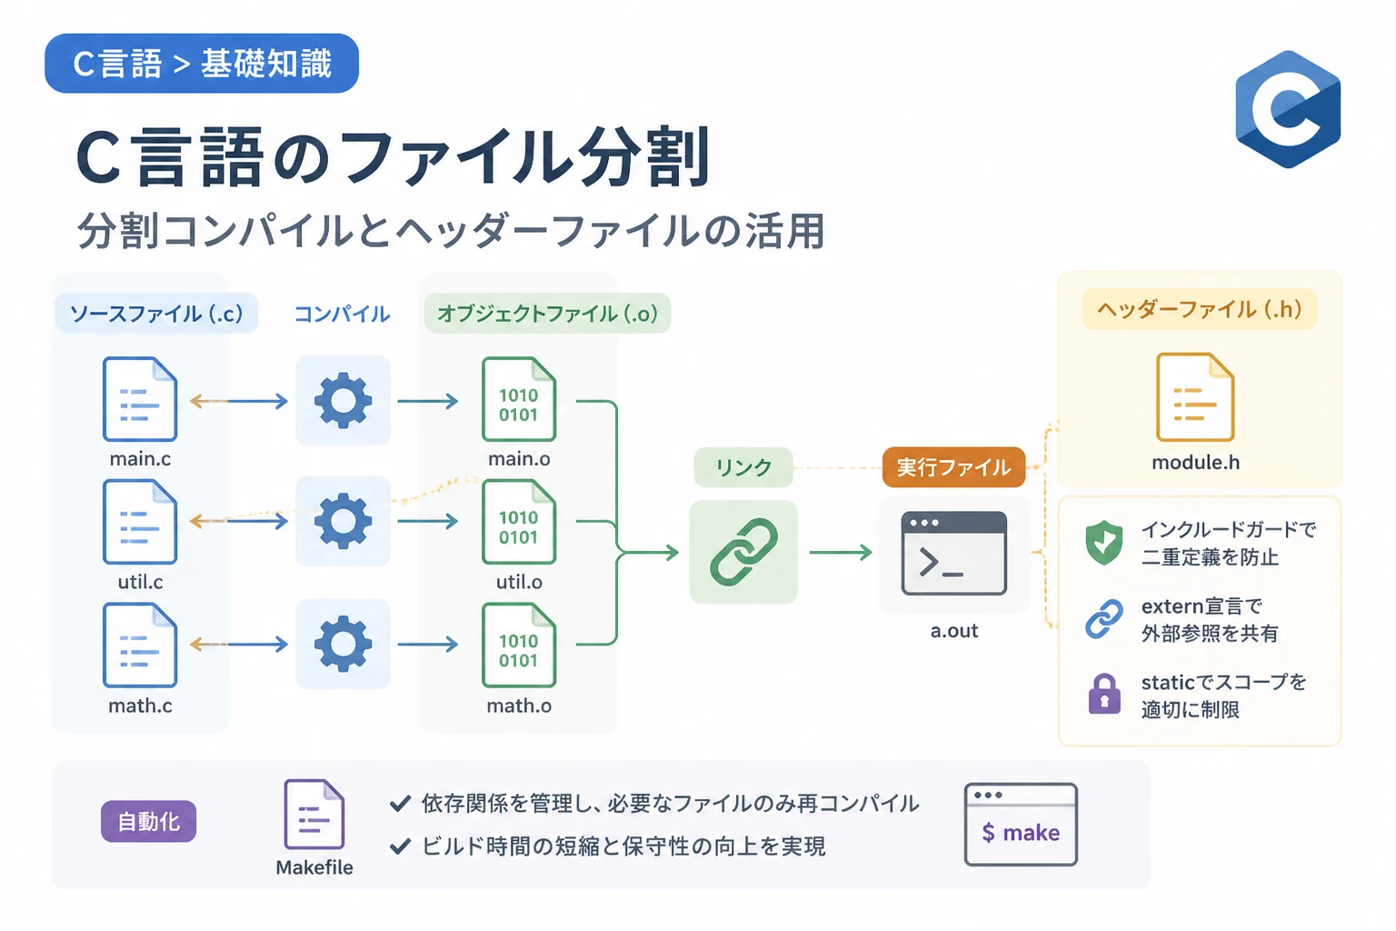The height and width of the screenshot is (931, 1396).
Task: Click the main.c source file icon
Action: (x=140, y=399)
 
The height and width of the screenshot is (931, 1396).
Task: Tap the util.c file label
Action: (x=140, y=582)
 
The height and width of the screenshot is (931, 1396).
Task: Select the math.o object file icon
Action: (x=519, y=646)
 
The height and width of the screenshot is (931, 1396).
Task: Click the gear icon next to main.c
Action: (x=343, y=400)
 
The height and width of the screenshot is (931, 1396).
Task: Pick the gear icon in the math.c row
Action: (x=343, y=644)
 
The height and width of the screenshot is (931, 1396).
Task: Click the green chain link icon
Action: (x=743, y=552)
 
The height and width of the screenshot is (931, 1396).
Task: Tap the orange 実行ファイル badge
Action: (x=953, y=467)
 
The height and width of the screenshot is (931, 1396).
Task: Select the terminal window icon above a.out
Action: (x=953, y=553)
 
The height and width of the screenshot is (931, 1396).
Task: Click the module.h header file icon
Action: (x=1195, y=397)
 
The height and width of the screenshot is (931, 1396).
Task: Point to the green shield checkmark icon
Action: (x=1103, y=543)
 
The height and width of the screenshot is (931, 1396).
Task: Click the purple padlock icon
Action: (x=1103, y=694)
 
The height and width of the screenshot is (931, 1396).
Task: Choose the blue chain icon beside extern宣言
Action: (x=1103, y=618)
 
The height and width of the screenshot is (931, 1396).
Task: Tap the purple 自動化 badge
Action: (x=148, y=821)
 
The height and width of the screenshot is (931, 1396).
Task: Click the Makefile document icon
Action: (x=314, y=815)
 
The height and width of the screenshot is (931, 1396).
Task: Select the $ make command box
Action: (x=1021, y=825)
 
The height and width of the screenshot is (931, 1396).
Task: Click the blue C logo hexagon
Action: (x=1288, y=109)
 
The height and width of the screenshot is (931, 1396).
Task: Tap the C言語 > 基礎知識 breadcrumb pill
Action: (x=202, y=64)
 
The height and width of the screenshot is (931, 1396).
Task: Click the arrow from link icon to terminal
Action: (x=840, y=552)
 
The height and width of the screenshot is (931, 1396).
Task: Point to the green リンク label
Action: (x=743, y=467)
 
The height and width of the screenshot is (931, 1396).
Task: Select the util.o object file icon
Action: (x=519, y=522)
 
